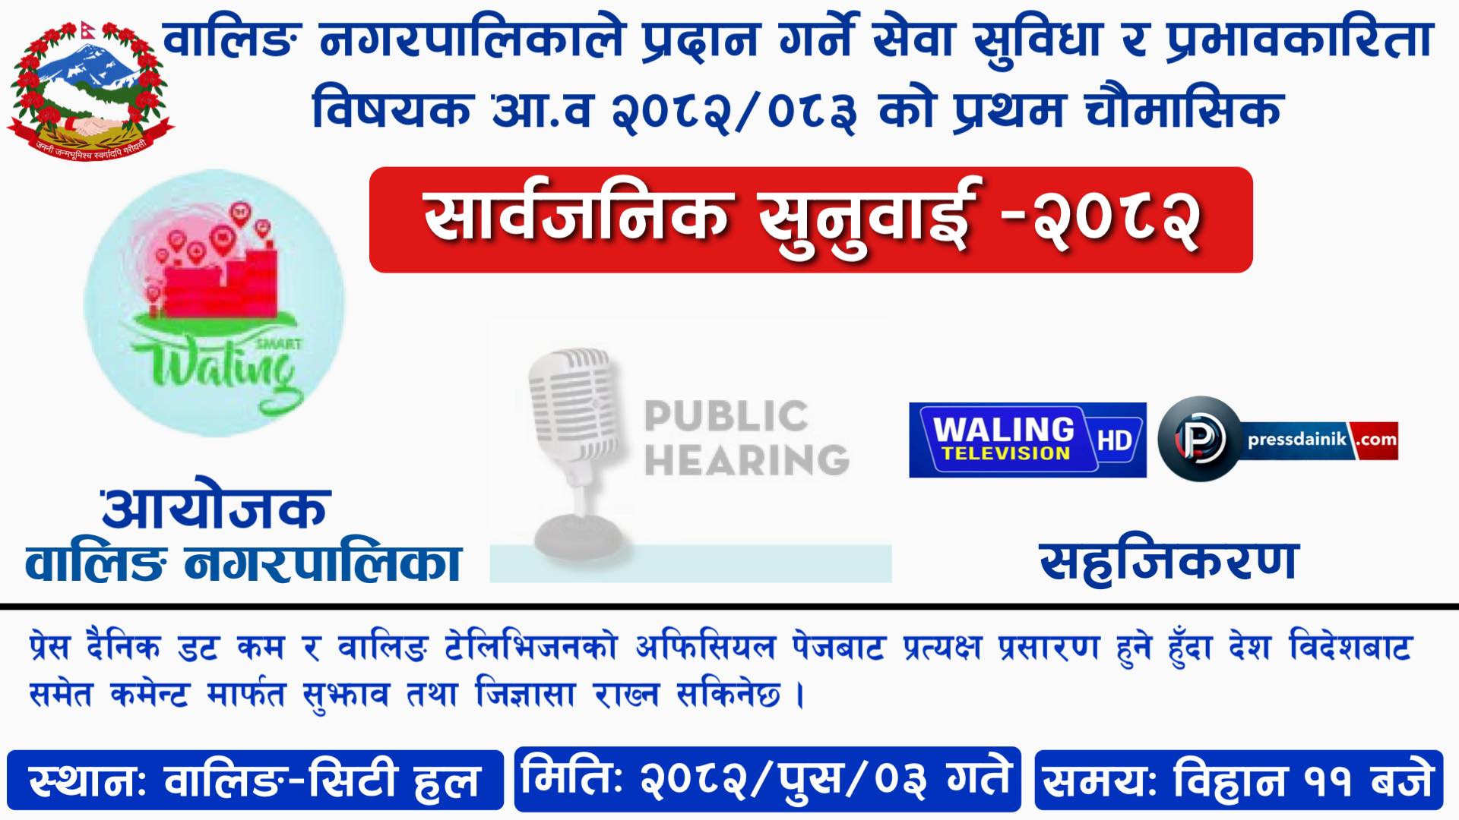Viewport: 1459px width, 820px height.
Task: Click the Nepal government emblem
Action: (90, 90)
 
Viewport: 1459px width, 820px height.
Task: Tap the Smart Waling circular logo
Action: (214, 303)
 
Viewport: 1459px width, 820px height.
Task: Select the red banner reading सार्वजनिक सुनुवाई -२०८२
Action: (811, 220)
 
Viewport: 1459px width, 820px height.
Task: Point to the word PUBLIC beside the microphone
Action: (726, 416)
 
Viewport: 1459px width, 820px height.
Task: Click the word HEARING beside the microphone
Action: (746, 459)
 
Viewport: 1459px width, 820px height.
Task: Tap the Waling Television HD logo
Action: (1027, 440)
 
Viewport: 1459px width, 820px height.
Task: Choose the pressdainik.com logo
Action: (1278, 439)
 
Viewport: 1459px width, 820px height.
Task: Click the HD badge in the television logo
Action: (1116, 440)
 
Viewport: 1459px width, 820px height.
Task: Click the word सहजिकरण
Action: (1169, 563)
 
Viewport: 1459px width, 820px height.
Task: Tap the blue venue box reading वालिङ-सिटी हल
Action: (255, 780)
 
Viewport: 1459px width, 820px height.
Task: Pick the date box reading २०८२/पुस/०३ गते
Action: (767, 778)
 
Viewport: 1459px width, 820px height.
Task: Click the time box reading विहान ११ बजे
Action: (1239, 780)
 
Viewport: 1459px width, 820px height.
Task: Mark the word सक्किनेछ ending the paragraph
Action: (729, 693)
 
